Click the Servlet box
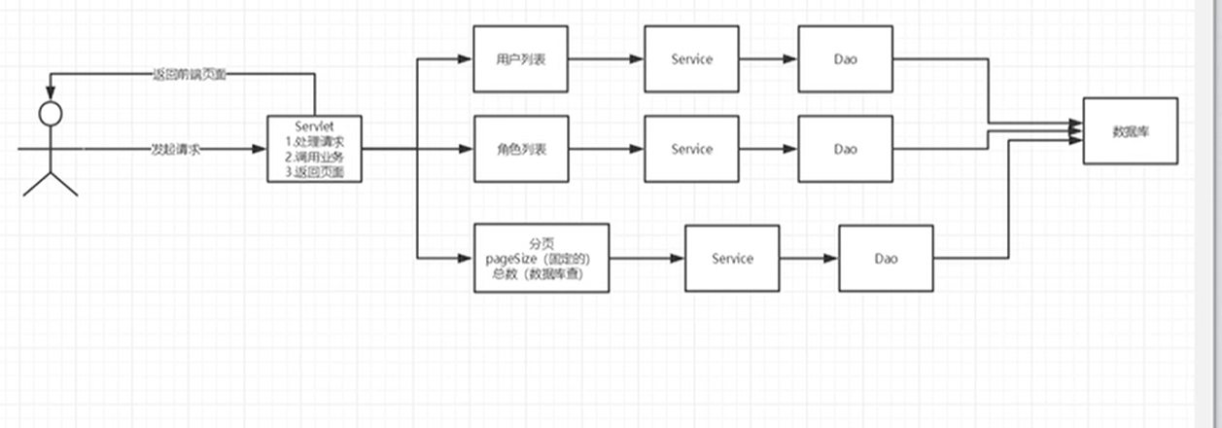[x=314, y=149]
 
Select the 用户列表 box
[x=520, y=59]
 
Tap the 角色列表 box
[x=520, y=149]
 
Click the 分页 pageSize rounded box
[x=541, y=258]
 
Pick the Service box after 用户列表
[x=691, y=59]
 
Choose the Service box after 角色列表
[x=691, y=149]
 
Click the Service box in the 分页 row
[x=731, y=258]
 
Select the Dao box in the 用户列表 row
[x=845, y=59]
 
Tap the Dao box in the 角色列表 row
[x=845, y=149]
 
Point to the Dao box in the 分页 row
[x=885, y=258]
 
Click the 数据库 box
[x=1131, y=129]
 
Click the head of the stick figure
[x=49, y=113]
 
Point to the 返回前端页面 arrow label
[x=190, y=74]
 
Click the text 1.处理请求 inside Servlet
[x=314, y=141]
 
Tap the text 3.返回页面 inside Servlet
[x=314, y=172]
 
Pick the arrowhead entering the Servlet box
[x=260, y=150]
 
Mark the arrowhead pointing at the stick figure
[x=50, y=93]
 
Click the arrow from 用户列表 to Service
[x=605, y=59]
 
